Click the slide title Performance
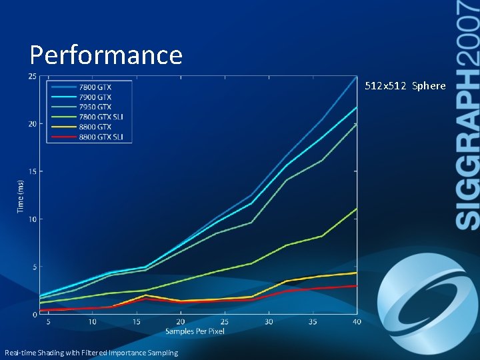click(106, 55)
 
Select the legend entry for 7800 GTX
click(89, 86)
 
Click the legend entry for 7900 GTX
click(89, 97)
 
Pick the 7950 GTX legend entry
click(89, 107)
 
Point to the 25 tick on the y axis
click(32, 76)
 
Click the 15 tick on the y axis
click(32, 171)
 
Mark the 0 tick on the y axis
click(34, 314)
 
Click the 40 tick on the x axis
click(357, 322)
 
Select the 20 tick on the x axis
click(181, 322)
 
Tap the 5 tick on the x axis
click(48, 322)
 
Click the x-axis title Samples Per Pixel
click(195, 331)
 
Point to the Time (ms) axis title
click(21, 196)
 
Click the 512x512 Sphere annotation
click(405, 86)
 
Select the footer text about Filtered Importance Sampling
click(91, 353)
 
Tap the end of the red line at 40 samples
click(357, 285)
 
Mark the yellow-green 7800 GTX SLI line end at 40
click(357, 209)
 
